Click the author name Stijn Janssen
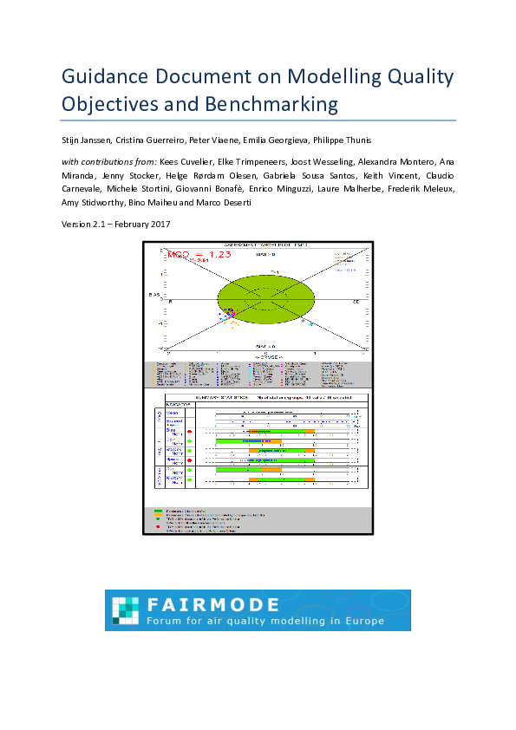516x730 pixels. (89, 140)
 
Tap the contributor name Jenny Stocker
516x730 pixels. (131, 175)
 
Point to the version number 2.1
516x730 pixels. (99, 225)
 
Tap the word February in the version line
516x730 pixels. (131, 225)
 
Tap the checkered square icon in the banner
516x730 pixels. (127, 610)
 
